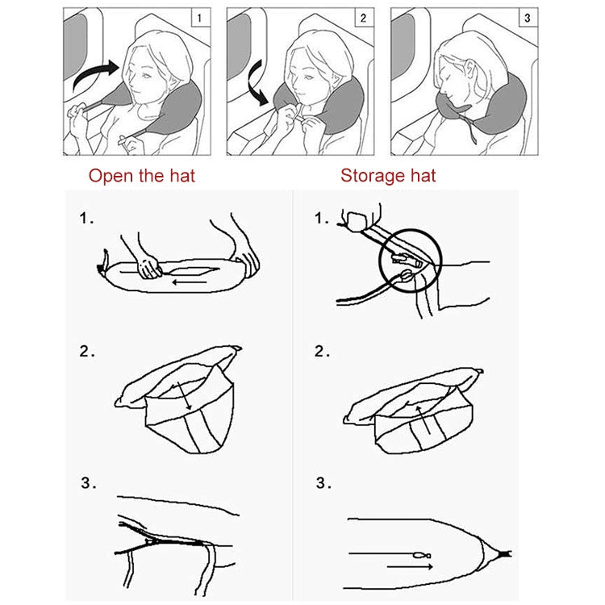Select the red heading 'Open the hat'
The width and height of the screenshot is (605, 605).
(x=141, y=175)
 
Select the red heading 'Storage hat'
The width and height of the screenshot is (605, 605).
(x=388, y=175)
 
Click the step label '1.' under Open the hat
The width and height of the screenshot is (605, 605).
(x=87, y=218)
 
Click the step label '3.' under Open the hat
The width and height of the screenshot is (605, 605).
(x=88, y=484)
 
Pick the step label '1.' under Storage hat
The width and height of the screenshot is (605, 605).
(x=323, y=218)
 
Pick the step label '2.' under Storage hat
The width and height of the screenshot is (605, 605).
(x=323, y=351)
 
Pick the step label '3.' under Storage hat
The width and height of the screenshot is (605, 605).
(x=323, y=484)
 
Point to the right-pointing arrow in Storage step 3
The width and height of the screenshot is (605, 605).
(x=410, y=567)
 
